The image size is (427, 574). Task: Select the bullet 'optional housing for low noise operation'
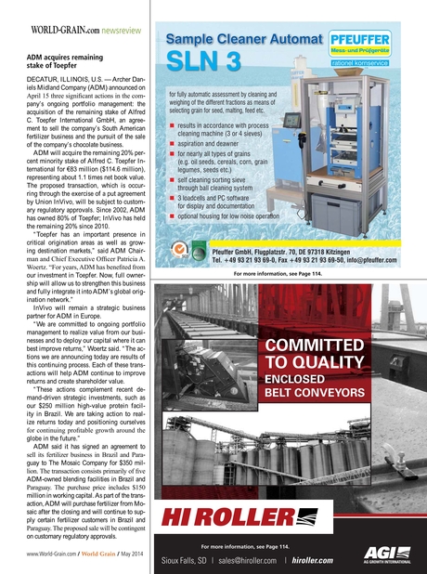point(250,215)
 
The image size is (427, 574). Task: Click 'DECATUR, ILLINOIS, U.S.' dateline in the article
point(61,82)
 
